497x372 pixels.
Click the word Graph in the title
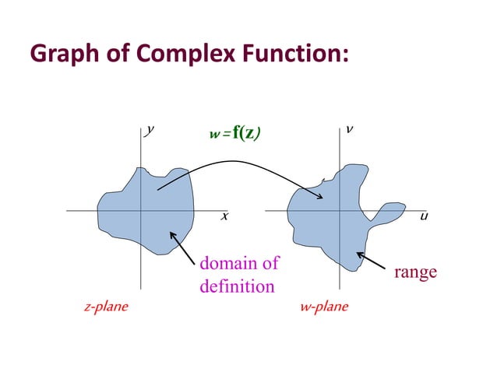coord(59,54)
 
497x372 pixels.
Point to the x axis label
coord(224,216)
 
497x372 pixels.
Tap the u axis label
coord(424,216)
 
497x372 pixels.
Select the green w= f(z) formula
coord(234,133)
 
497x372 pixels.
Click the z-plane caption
coord(105,307)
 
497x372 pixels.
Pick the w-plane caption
coord(324,307)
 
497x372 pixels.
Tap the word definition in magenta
coord(237,286)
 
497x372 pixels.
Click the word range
coord(415,272)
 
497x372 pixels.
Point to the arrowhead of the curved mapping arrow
coord(319,198)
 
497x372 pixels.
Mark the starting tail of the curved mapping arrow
coord(158,189)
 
